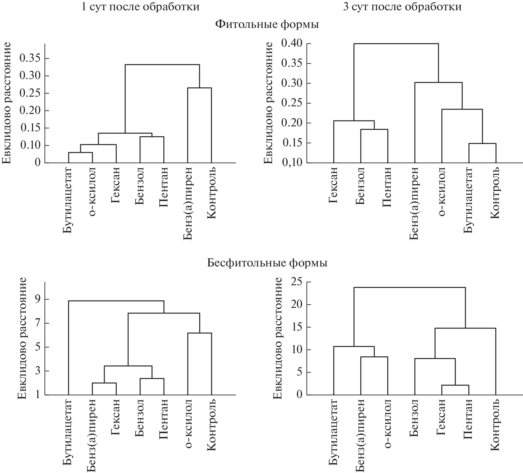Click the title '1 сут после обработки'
pos(140,6)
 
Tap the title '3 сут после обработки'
pos(402,6)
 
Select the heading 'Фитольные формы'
pos(267,24)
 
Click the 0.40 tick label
pos(291,43)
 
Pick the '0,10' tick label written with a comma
pos(291,163)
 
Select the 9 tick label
pos(37,299)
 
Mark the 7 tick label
pos(37,323)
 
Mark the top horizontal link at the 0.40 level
pos(396,44)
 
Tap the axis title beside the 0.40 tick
pos(268,103)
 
